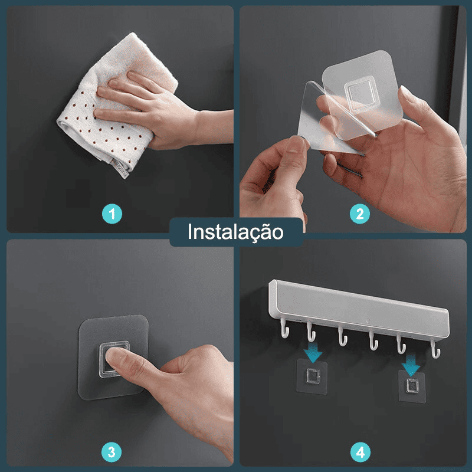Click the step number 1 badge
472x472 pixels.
click(x=112, y=214)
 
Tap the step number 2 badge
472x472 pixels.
click(x=360, y=214)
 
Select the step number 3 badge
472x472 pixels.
click(x=112, y=452)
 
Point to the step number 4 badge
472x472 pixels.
click(x=360, y=452)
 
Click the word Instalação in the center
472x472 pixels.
click(x=235, y=232)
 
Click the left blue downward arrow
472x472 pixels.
click(x=313, y=353)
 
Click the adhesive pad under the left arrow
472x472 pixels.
click(x=312, y=376)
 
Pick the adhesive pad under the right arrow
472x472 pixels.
click(x=412, y=386)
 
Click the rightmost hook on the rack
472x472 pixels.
click(x=435, y=350)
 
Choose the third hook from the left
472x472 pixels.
click(x=343, y=336)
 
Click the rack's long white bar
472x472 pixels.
click(x=359, y=307)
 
